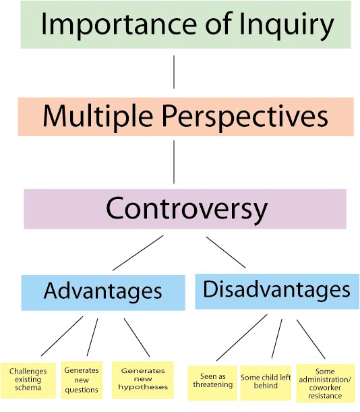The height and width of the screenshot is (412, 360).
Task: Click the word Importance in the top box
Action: (x=119, y=24)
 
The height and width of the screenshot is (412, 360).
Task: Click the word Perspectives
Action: (x=245, y=117)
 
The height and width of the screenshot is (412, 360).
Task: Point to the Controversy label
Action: (x=187, y=209)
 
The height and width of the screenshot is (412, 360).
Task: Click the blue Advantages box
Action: (x=103, y=293)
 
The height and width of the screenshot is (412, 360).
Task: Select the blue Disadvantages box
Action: (x=277, y=291)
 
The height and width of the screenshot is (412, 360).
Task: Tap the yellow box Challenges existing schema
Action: (x=28, y=380)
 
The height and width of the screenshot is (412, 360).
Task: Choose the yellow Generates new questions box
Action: (x=82, y=380)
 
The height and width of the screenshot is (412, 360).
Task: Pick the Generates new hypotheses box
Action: (x=143, y=380)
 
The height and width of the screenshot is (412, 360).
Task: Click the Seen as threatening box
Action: (x=212, y=383)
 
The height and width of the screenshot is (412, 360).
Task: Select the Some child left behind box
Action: (x=266, y=382)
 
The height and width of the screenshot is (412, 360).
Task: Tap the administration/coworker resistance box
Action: (x=326, y=383)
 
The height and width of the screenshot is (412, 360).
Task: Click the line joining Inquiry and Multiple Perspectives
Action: (x=174, y=72)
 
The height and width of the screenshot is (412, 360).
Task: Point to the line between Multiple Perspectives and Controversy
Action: (x=174, y=162)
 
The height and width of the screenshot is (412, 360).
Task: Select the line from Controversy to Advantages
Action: (x=138, y=253)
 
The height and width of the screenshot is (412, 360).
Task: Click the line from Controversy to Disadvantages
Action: (x=226, y=252)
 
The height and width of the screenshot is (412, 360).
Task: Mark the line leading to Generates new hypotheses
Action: (x=137, y=338)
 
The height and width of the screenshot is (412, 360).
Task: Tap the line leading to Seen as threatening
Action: (x=242, y=337)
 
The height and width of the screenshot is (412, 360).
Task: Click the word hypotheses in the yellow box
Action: (x=143, y=387)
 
